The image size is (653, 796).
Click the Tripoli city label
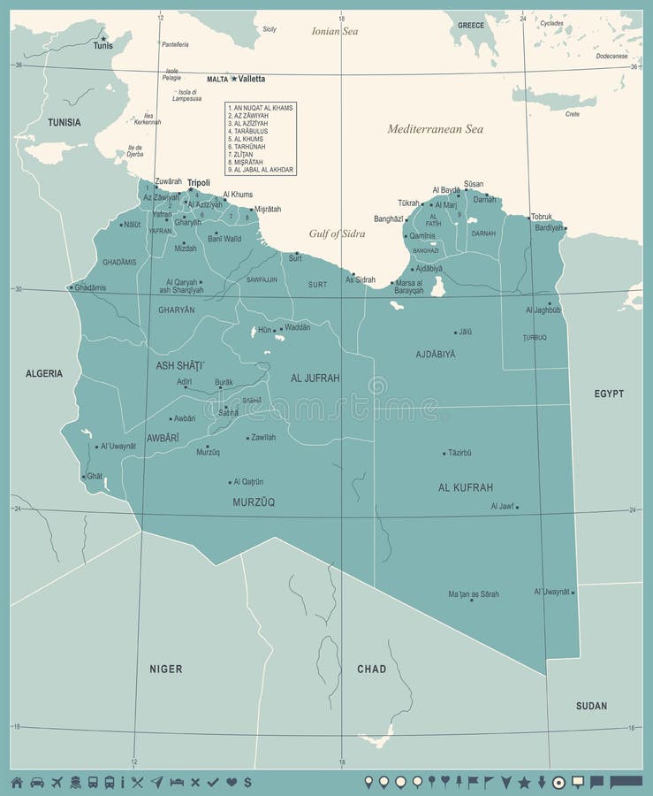[199, 183]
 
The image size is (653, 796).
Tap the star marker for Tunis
[104, 38]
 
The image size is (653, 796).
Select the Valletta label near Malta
[251, 79]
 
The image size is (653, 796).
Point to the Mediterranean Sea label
[435, 129]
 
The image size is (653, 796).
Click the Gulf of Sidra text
[337, 233]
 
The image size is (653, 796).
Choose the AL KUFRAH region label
[465, 487]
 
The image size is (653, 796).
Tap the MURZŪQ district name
[254, 501]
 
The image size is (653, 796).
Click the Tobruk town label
[542, 217]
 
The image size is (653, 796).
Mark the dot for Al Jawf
[517, 508]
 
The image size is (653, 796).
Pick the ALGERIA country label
[44, 373]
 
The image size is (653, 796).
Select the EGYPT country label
[609, 394]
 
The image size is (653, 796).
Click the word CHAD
[371, 669]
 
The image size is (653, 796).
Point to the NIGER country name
[166, 669]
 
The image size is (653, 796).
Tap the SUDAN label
[591, 706]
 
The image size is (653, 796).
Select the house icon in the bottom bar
[16, 782]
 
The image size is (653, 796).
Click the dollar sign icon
[247, 782]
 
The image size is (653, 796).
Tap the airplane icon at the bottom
[57, 782]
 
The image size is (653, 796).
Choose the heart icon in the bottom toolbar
[232, 782]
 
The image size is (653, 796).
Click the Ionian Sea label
[335, 31]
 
